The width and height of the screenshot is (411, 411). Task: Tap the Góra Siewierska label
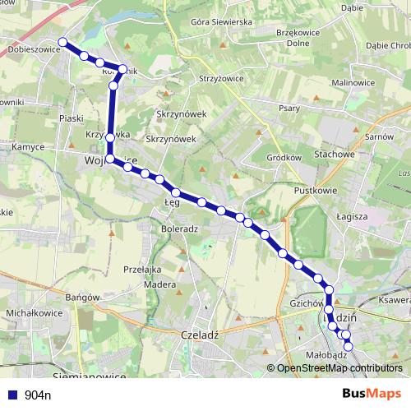pos(220,21)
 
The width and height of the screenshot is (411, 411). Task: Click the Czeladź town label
pos(198,335)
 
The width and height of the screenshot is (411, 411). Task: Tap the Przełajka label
pos(141,269)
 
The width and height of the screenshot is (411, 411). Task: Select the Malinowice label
pos(353,83)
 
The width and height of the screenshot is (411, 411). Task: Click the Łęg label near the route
pos(171,201)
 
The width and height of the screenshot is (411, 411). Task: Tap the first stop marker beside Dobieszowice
pos(62,41)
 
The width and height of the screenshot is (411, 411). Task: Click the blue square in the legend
pos(12,395)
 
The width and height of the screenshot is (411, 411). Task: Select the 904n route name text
pos(38,395)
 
